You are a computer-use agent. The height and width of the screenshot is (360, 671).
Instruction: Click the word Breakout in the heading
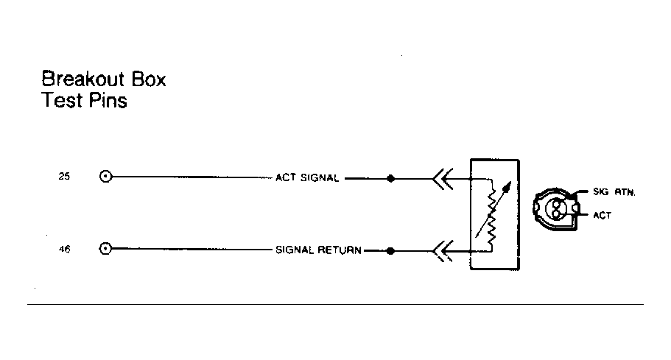[83, 79]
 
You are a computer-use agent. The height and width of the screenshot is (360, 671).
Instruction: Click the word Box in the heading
[149, 80]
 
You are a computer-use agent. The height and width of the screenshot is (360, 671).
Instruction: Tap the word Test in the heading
[62, 100]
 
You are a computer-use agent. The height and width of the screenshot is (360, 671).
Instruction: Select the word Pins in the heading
[108, 100]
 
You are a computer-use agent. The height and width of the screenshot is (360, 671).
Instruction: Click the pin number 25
[64, 176]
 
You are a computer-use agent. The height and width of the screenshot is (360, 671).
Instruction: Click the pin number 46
[64, 249]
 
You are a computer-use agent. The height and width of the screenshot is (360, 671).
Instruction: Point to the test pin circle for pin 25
[105, 176]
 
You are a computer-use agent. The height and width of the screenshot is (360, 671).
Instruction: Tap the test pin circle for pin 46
[105, 248]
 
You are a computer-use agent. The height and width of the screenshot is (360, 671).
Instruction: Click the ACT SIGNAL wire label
[307, 177]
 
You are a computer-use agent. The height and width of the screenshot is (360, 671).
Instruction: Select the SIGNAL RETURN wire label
[318, 250]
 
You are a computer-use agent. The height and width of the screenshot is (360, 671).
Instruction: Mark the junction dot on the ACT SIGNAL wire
[390, 178]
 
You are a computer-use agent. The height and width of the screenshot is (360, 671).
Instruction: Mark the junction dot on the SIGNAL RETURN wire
[390, 251]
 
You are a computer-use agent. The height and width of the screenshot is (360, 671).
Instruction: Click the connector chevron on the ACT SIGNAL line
[442, 179]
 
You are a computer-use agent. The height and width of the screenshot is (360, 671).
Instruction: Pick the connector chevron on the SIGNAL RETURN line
[442, 251]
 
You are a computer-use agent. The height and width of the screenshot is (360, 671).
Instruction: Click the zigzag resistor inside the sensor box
[491, 216]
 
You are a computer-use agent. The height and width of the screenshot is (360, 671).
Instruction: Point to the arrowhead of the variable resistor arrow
[507, 186]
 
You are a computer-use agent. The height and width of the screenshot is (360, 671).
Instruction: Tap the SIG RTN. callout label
[614, 192]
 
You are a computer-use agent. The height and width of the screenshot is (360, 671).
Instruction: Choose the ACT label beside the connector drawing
[602, 216]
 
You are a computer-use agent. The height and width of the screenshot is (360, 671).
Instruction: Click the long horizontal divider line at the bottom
[336, 305]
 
